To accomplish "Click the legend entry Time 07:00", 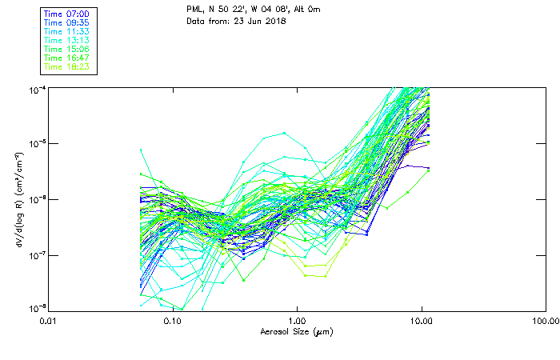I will point(66,14).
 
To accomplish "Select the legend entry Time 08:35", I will point(66,23).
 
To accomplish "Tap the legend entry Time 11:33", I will point(66,32).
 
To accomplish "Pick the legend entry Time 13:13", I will point(66,41).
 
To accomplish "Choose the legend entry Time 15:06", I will point(66,50).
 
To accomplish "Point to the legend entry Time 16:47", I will point(66,58).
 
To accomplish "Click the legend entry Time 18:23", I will point(66,67).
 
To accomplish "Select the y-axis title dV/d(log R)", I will point(18,198).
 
